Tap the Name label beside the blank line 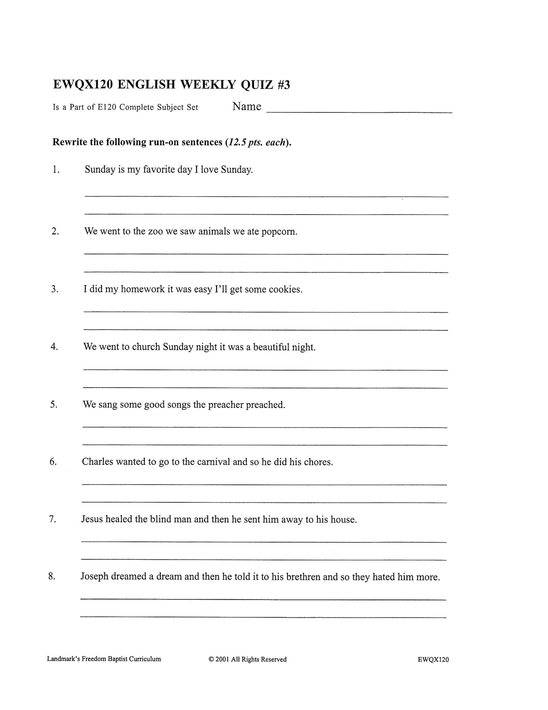click(247, 107)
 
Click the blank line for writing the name click(359, 111)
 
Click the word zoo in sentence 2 click(153, 231)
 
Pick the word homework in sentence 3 click(143, 289)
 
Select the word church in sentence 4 click(146, 347)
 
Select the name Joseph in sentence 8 click(94, 577)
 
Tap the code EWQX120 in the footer click(433, 660)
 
